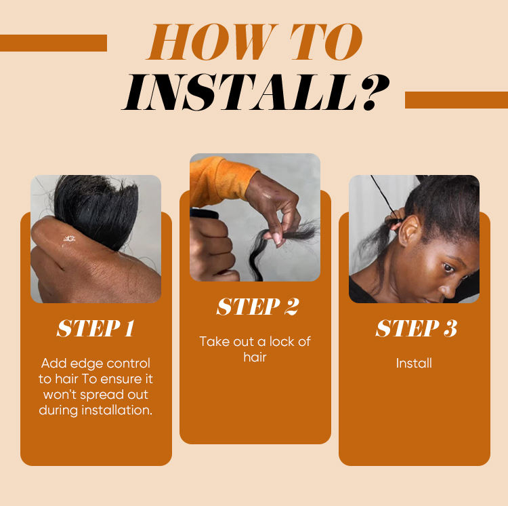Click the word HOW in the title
[213, 41]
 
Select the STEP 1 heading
[96, 328]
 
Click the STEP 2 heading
[257, 307]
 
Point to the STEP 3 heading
[417, 328]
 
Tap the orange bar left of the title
[54, 43]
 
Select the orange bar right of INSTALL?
[457, 100]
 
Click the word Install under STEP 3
[414, 364]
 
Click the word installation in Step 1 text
[117, 410]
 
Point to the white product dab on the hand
[68, 239]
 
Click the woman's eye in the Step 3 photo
[448, 268]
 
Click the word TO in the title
[326, 41]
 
